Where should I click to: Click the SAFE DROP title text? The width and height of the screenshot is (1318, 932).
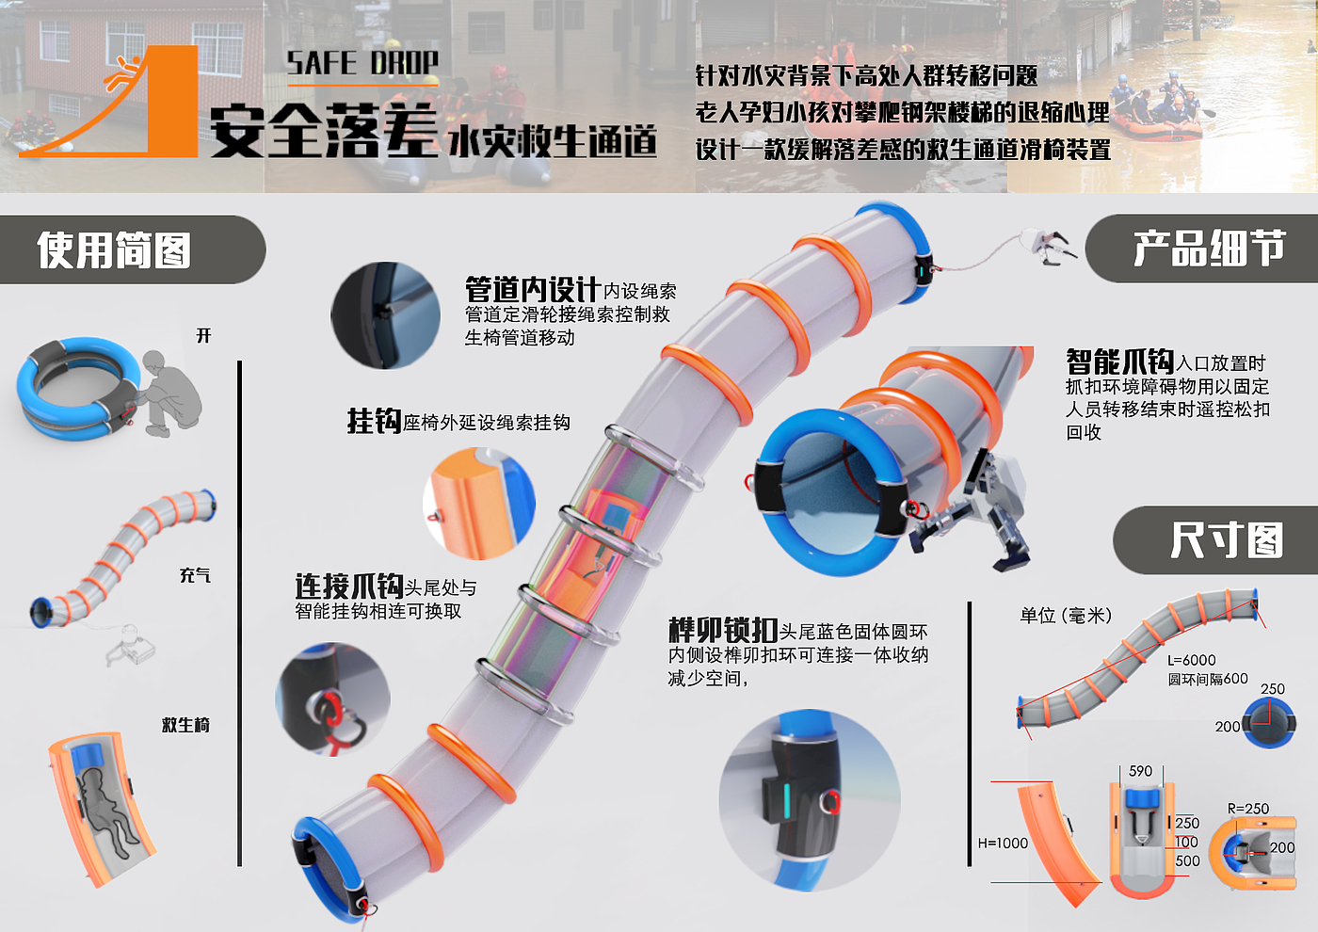(x=362, y=62)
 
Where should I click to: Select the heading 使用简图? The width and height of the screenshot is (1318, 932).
(x=114, y=249)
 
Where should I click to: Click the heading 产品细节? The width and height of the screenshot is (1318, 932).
(x=1209, y=248)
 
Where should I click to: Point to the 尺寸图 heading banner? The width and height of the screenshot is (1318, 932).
(x=1215, y=540)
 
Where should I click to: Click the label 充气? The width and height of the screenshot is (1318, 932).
(x=195, y=575)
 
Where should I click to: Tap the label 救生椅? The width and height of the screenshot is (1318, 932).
(x=185, y=724)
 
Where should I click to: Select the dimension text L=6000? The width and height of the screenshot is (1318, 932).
(x=1192, y=660)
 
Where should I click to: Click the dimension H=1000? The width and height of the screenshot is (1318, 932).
(x=1003, y=844)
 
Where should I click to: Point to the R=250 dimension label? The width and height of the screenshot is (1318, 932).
(x=1248, y=809)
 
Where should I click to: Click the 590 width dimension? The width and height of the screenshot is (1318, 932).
(x=1140, y=771)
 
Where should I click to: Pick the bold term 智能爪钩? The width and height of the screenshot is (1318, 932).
(x=1120, y=362)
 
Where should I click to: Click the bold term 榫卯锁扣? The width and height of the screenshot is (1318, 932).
(x=723, y=630)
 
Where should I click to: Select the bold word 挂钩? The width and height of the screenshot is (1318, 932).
(x=375, y=421)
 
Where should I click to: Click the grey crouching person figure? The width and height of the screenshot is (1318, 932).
(x=167, y=394)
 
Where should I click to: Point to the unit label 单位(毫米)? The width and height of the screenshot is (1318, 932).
(x=1066, y=616)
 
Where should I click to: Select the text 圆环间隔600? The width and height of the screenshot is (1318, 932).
(x=1208, y=679)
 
